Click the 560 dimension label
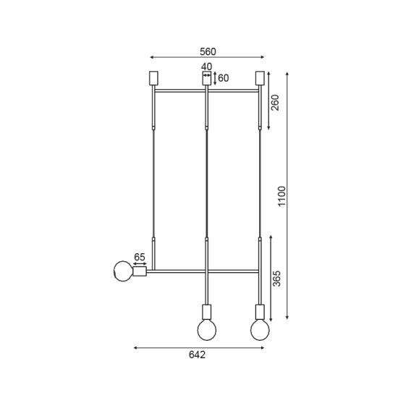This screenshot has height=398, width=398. (208, 52)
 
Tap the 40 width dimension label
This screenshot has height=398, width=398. (206, 67)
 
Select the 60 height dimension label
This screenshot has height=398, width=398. (224, 78)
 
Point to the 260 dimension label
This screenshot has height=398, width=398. (275, 103)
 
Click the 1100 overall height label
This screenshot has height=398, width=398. (281, 196)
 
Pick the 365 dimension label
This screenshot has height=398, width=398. (276, 279)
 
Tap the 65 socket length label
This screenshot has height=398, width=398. (140, 257)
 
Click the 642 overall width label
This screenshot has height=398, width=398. (197, 355)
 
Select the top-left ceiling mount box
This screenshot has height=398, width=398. (153, 78)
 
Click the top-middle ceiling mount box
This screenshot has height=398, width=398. (207, 78)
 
